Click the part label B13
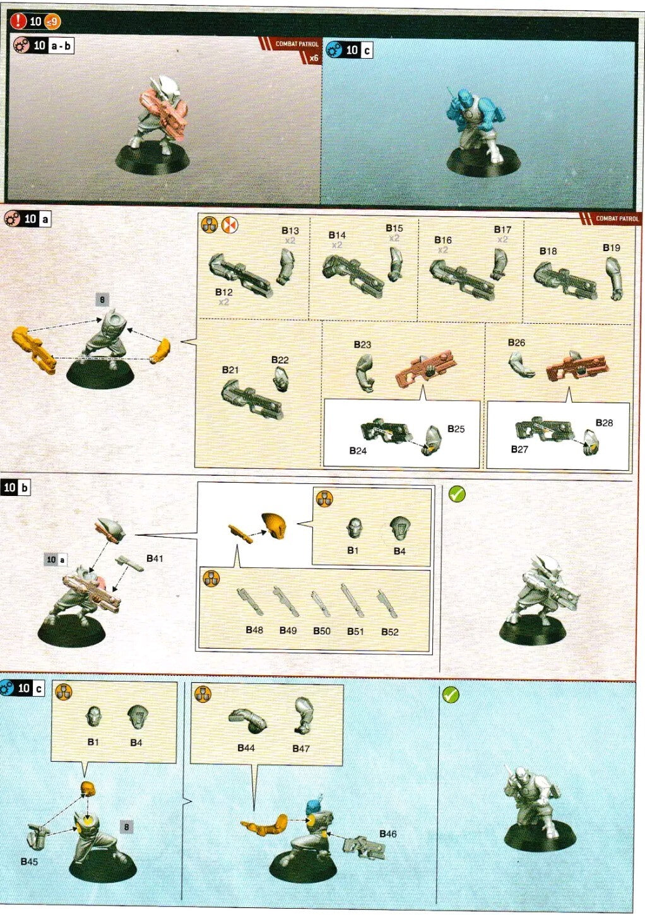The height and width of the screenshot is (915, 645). (x=290, y=231)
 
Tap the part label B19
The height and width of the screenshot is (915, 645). (x=611, y=248)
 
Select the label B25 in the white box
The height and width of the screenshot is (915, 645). (x=456, y=429)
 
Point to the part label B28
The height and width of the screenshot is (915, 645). (x=604, y=423)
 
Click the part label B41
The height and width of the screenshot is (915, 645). (x=155, y=558)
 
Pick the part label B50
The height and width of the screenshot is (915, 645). (x=321, y=631)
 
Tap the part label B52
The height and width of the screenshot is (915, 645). (x=389, y=632)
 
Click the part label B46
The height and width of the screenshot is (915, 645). (x=388, y=834)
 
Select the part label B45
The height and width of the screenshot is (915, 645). (x=29, y=861)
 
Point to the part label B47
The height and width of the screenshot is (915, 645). (x=301, y=748)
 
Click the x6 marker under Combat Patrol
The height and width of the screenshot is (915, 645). (x=314, y=58)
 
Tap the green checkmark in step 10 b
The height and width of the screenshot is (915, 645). (x=457, y=494)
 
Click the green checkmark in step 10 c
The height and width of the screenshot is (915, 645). (x=450, y=695)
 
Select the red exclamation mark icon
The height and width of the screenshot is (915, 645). (x=18, y=21)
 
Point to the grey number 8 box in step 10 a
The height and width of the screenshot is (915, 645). (x=102, y=300)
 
